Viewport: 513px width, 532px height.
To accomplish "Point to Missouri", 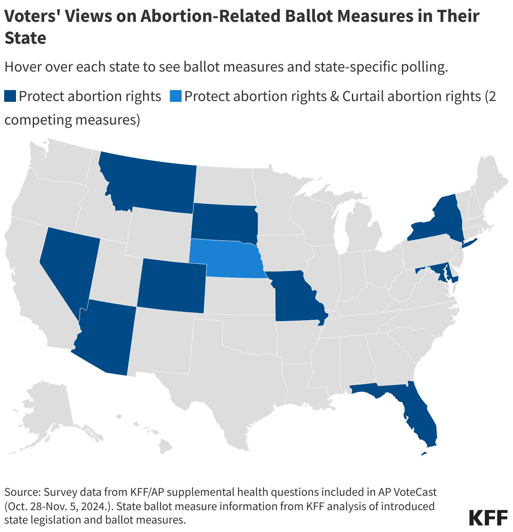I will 294,297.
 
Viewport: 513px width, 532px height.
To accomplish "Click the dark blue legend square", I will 10,96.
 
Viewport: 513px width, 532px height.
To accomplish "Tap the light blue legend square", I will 175,96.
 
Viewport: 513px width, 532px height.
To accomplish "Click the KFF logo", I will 488,517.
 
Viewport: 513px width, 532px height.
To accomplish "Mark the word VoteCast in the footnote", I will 410,492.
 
